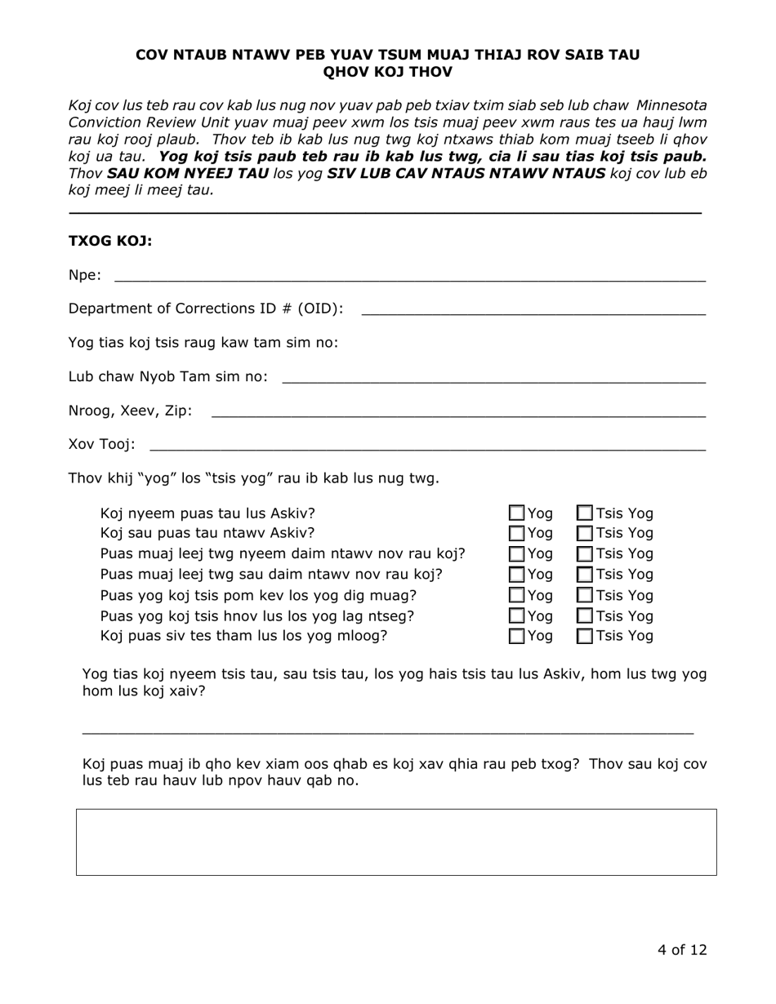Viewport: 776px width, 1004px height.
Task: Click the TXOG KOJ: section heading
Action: pyautogui.click(x=110, y=241)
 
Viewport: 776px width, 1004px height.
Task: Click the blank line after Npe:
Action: pyautogui.click(x=408, y=278)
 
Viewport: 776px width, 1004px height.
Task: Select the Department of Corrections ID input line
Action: pyautogui.click(x=533, y=311)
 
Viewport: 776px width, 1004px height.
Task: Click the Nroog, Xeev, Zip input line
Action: pyautogui.click(x=457, y=413)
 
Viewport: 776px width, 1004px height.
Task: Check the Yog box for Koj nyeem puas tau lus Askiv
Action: pyautogui.click(x=517, y=513)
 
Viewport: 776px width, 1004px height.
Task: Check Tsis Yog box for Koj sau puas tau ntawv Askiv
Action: pyautogui.click(x=586, y=534)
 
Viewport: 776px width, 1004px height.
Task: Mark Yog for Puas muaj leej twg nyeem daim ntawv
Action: pyautogui.click(x=517, y=554)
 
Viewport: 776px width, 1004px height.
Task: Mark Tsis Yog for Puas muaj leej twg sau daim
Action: pyautogui.click(x=586, y=575)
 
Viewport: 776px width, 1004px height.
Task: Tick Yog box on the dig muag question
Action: pyautogui.click(x=517, y=595)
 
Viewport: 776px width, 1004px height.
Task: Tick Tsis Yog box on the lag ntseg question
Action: pyautogui.click(x=586, y=615)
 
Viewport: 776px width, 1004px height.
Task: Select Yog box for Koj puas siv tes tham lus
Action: pyautogui.click(x=517, y=636)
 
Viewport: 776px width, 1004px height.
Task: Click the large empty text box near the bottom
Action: pyautogui.click(x=396, y=842)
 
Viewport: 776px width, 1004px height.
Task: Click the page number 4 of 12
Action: pyautogui.click(x=681, y=949)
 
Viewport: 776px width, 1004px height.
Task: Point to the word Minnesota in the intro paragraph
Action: pyautogui.click(x=671, y=105)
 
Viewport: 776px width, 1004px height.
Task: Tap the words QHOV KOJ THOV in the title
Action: pyautogui.click(x=387, y=72)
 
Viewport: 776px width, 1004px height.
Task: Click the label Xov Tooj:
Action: pyautogui.click(x=102, y=444)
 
